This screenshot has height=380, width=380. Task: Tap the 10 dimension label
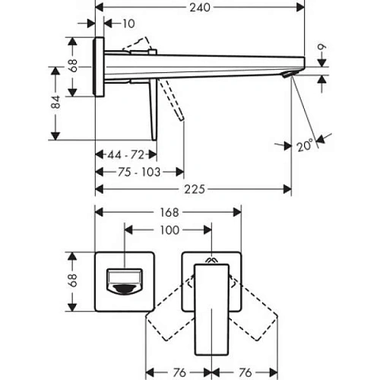pyautogui.click(x=127, y=24)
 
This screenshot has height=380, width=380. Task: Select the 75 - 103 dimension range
pyautogui.click(x=139, y=172)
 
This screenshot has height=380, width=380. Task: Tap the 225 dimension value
pyautogui.click(x=194, y=189)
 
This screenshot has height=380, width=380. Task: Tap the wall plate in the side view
pyautogui.click(x=100, y=67)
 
